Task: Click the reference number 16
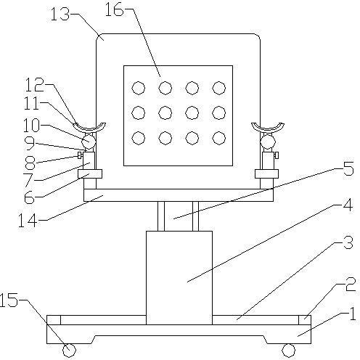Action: click(x=114, y=10)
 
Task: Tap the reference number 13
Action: click(x=60, y=14)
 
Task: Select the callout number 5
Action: click(x=348, y=168)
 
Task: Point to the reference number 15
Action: click(x=9, y=300)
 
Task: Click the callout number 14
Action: click(x=28, y=220)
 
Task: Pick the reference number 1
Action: click(x=353, y=314)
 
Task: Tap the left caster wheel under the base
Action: click(x=69, y=351)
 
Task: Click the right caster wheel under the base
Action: click(x=289, y=351)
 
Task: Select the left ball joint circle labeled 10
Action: click(x=89, y=142)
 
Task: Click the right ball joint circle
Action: click(x=268, y=142)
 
